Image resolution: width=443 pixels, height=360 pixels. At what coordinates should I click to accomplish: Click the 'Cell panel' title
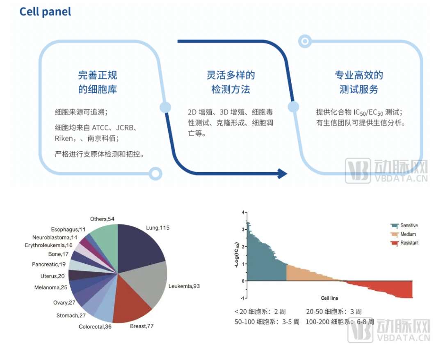(x=45, y=11)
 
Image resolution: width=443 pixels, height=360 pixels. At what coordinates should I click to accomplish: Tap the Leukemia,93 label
(x=184, y=286)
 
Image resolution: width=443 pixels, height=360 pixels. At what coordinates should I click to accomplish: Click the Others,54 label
(x=102, y=219)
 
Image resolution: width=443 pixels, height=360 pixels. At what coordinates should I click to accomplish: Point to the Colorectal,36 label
(x=95, y=327)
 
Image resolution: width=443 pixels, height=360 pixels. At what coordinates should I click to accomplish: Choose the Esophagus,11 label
(x=69, y=229)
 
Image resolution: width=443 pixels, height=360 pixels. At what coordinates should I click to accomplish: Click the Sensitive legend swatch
(x=395, y=226)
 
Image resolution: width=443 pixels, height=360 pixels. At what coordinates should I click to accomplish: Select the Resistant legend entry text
(x=409, y=243)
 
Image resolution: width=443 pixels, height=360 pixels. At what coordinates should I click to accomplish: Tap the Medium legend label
(x=408, y=234)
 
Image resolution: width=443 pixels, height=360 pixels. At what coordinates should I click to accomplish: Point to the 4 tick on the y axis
(x=243, y=212)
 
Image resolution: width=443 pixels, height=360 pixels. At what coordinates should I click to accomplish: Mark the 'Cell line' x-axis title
(x=329, y=298)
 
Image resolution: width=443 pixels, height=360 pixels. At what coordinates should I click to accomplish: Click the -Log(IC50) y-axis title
(x=237, y=255)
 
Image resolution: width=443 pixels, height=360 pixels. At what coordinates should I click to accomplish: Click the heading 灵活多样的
(x=231, y=75)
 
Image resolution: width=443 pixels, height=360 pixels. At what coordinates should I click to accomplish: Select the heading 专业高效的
(x=359, y=75)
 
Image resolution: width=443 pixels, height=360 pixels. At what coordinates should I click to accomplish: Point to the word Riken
(x=64, y=138)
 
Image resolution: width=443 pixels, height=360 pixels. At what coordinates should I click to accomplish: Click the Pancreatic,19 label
(x=49, y=264)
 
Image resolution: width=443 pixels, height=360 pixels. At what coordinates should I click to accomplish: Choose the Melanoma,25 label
(x=50, y=287)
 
